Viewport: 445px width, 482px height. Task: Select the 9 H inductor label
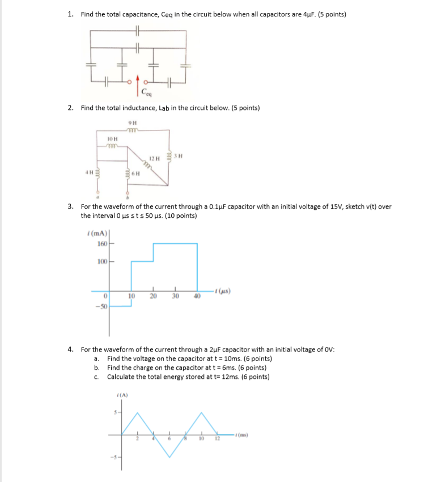132,124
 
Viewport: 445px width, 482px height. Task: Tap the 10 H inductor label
112,139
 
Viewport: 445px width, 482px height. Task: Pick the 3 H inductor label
178,155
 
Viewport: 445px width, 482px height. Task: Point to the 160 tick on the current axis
101,244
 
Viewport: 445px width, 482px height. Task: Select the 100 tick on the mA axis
101,261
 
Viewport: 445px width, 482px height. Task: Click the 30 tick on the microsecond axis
175,296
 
